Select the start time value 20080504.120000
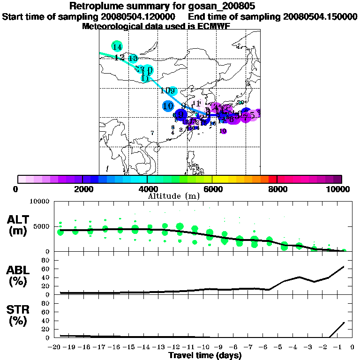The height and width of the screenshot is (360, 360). coord(138,16)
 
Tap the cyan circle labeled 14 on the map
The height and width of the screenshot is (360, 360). coord(117,46)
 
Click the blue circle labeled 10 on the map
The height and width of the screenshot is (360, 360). coord(168,106)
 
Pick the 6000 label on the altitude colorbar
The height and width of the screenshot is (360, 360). coord(212,189)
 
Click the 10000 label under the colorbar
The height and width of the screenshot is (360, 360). coord(338,189)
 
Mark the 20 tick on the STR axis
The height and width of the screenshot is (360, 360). coord(45,329)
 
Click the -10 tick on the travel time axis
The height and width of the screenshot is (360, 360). coord(204,347)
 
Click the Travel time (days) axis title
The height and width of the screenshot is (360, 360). coord(205,355)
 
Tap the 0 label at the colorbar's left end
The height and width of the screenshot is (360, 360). coord(16,189)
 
